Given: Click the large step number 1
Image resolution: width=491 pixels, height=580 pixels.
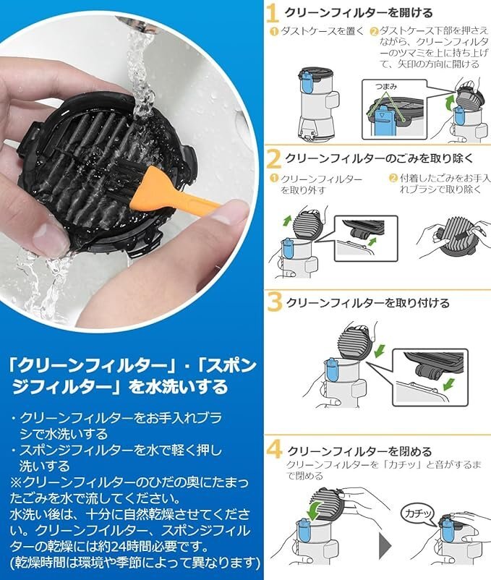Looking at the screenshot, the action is click(x=272, y=14).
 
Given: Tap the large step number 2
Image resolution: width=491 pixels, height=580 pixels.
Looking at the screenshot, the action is click(x=273, y=160).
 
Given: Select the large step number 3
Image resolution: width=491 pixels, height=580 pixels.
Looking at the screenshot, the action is click(x=274, y=302).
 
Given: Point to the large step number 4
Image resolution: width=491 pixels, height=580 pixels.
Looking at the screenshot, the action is click(x=274, y=449).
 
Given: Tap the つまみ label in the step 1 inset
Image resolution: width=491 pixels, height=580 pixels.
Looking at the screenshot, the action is click(x=386, y=87).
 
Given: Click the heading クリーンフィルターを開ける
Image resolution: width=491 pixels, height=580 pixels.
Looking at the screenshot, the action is click(x=358, y=13).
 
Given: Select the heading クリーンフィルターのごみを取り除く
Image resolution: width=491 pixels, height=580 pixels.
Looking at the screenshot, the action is click(x=380, y=158).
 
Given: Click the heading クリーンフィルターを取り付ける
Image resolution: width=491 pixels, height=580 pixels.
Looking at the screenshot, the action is click(x=368, y=303).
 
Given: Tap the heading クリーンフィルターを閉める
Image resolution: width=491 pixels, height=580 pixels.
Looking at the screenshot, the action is click(x=359, y=451).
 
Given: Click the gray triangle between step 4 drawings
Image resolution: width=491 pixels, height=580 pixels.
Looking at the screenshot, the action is click(x=385, y=545).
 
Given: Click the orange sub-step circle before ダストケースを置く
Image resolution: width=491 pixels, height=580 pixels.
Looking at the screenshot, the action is click(x=274, y=32).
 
